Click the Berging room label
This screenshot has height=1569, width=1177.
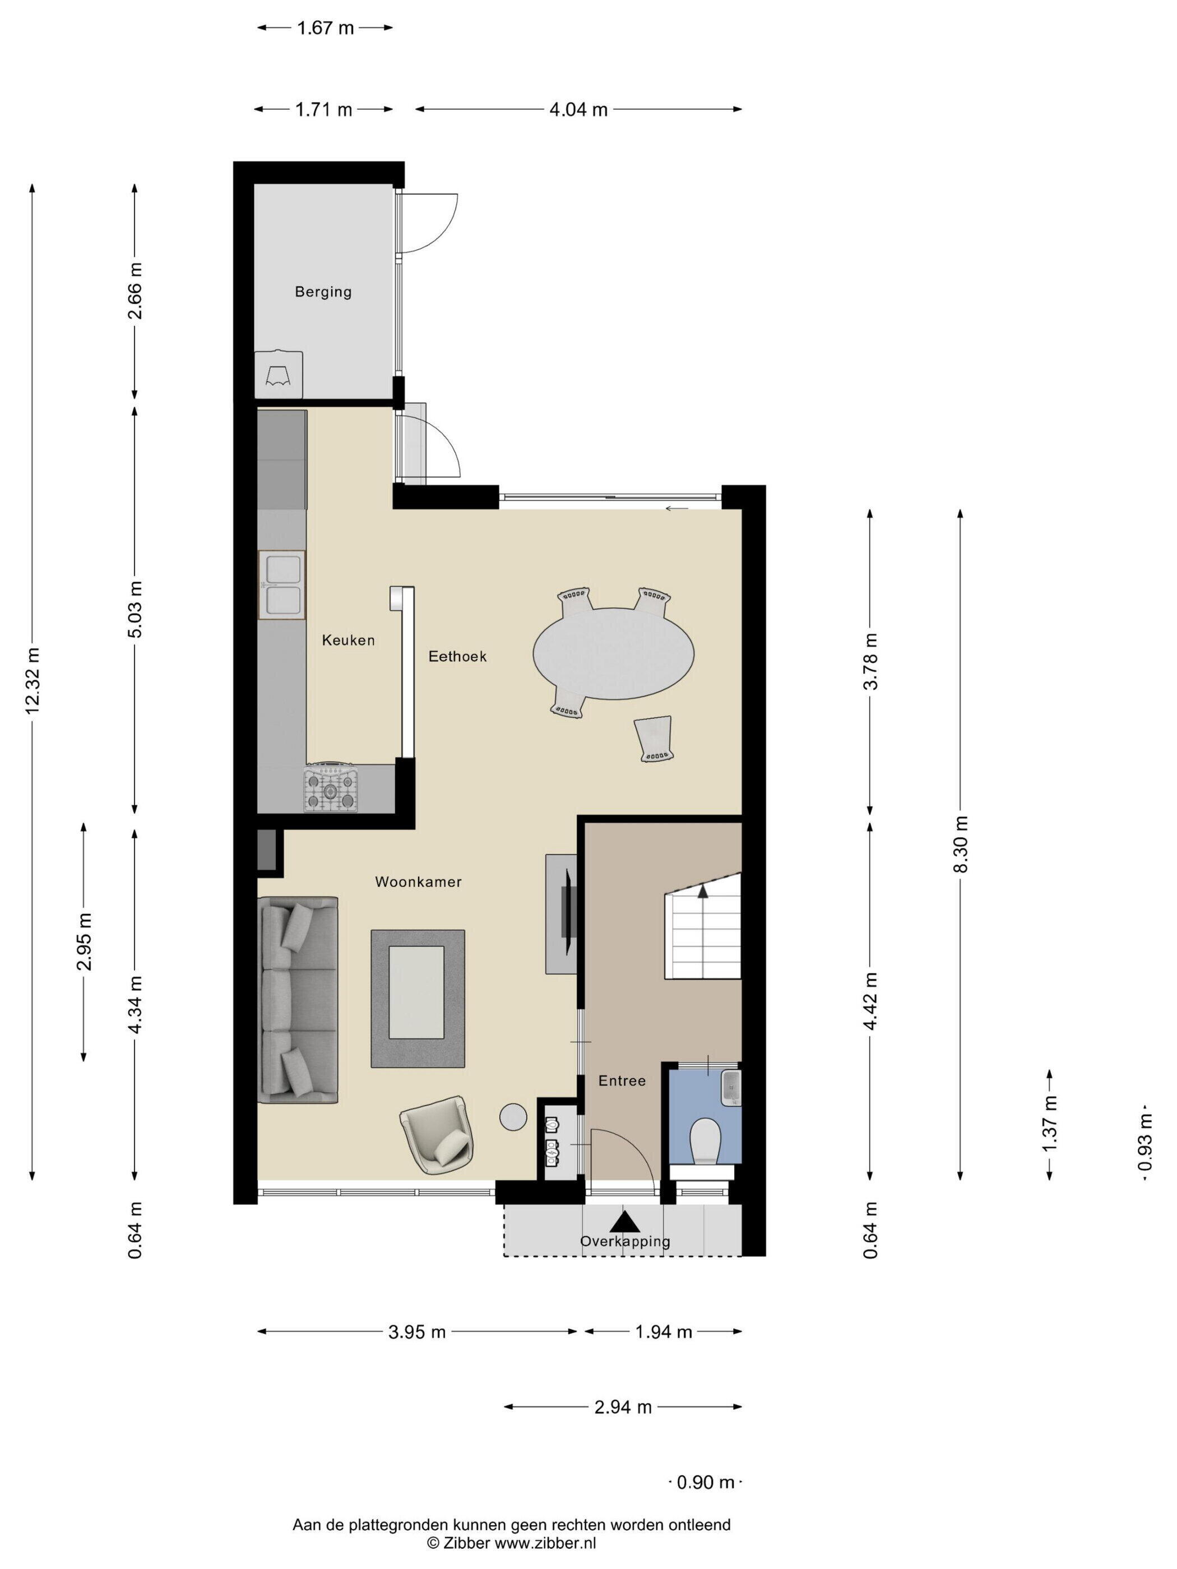[x=323, y=291]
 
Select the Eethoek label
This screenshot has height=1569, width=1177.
[x=457, y=656]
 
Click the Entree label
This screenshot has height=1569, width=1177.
[x=622, y=1080]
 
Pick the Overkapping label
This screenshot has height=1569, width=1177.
[x=624, y=1241]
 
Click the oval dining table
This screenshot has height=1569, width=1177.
[x=614, y=654]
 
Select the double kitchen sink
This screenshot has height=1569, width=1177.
[x=282, y=584]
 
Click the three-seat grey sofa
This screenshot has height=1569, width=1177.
[x=298, y=1000]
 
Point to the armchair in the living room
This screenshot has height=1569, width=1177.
[x=437, y=1135]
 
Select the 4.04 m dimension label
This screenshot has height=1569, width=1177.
[x=578, y=109]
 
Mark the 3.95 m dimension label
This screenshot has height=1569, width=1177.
[x=416, y=1331]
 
